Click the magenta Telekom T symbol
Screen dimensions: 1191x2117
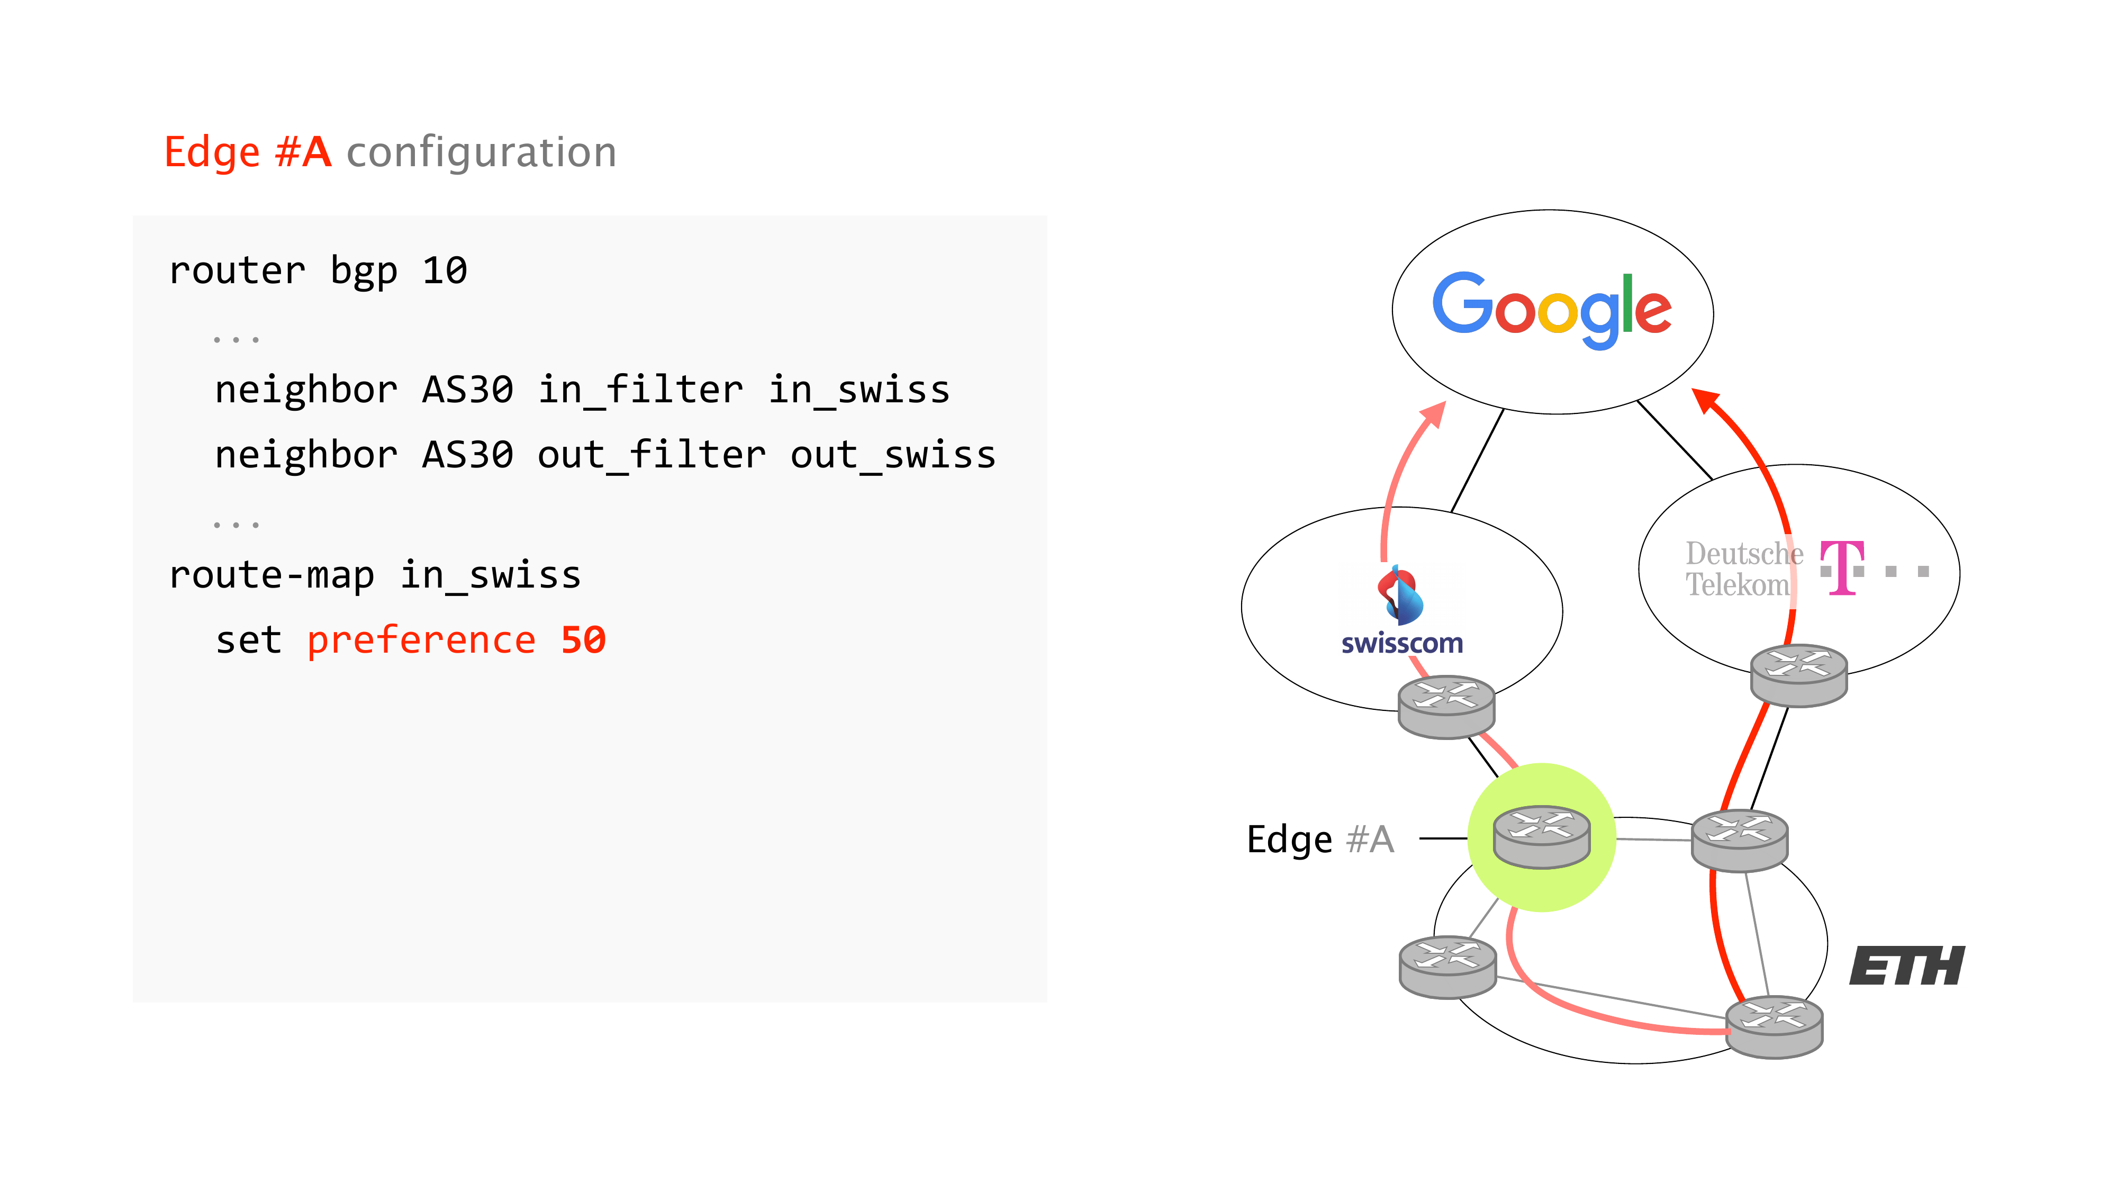1842,567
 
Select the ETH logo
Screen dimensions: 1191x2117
1906,966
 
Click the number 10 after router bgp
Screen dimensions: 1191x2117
445,270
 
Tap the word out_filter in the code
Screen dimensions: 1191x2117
651,455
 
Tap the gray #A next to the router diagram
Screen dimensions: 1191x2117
1370,839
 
